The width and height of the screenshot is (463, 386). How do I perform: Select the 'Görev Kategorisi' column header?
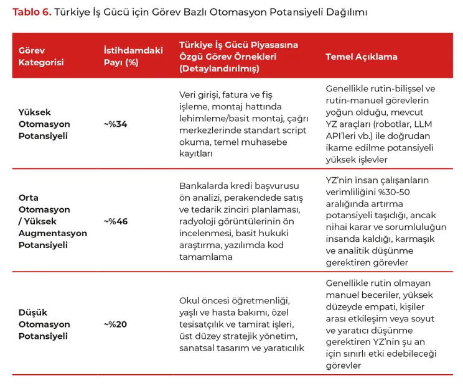coord(41,56)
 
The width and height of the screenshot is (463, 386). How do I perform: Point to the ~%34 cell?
coord(115,124)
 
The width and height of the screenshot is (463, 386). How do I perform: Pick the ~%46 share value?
coord(115,221)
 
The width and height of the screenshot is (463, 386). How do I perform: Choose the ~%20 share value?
coord(115,324)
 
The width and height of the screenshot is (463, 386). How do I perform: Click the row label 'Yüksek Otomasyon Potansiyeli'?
coord(44,124)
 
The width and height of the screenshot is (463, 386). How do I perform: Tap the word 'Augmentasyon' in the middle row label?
coord(53,233)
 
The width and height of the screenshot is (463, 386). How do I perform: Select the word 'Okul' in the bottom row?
coord(190,300)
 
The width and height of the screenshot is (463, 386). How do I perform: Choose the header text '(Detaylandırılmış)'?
coord(219,68)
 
